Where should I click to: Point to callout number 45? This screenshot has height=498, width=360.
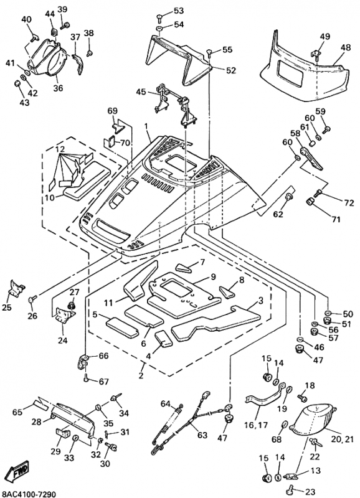click(141, 92)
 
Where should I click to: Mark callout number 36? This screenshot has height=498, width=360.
click(58, 88)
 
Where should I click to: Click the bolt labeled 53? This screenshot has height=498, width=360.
click(160, 18)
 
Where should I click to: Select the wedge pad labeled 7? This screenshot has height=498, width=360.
click(184, 268)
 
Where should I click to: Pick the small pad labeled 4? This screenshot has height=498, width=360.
click(163, 338)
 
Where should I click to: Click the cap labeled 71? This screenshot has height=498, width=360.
click(311, 202)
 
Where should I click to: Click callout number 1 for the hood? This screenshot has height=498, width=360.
click(146, 127)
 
